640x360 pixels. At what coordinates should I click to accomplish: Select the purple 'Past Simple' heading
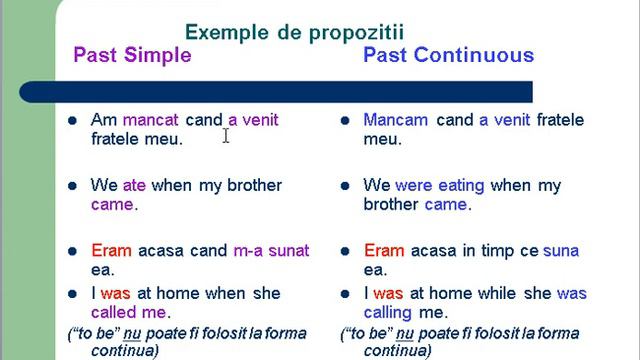click(132, 55)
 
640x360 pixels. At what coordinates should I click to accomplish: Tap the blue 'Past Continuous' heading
click(448, 55)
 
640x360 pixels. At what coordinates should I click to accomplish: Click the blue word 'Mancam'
click(396, 120)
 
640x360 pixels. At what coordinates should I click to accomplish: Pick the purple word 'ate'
click(134, 186)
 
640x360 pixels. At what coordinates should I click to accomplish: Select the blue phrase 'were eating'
click(440, 186)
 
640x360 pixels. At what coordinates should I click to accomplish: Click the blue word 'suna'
click(560, 251)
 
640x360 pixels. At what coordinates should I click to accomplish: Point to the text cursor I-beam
click(227, 135)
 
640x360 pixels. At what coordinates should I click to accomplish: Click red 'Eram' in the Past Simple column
click(111, 251)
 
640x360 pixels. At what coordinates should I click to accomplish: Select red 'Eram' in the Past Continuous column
click(385, 251)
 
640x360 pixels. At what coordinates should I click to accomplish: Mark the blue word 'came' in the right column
click(445, 204)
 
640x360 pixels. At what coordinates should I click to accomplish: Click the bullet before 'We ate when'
click(72, 186)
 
